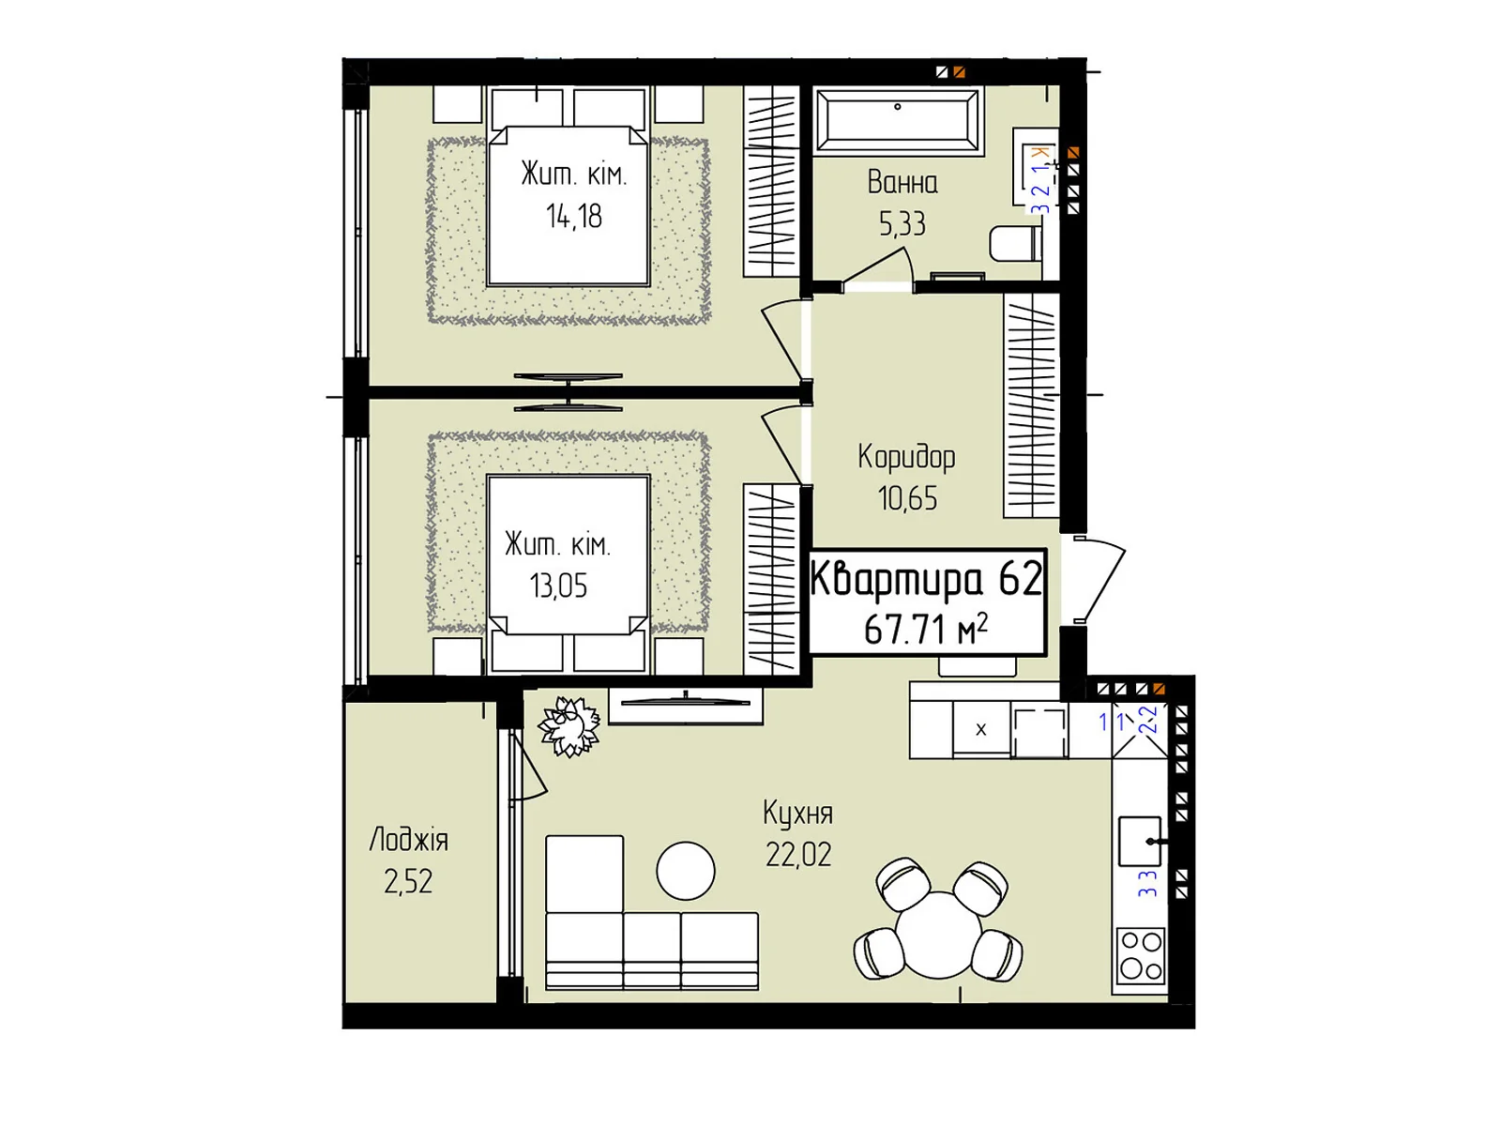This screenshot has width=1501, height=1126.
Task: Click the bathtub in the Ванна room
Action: [x=898, y=121]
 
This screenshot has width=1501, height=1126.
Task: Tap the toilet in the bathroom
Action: [x=1015, y=243]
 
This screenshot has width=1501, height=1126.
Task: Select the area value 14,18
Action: [x=574, y=216]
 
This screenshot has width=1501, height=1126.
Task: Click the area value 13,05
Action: [x=558, y=586]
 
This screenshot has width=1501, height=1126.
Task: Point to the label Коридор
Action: [x=906, y=457]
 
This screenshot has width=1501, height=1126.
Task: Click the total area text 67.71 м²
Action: [x=926, y=629]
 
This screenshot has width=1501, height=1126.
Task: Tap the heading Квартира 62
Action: [x=926, y=578]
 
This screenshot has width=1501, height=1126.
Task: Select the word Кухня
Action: [x=798, y=814]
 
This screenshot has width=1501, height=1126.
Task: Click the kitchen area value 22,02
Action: [x=798, y=855]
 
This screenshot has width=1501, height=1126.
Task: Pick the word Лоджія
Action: [x=408, y=840]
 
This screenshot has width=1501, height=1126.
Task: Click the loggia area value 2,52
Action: [x=408, y=882]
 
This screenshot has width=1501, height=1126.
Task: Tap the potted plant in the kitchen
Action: [x=569, y=726]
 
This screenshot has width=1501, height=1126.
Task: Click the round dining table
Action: [x=938, y=934]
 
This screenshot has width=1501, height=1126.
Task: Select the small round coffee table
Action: [x=685, y=871]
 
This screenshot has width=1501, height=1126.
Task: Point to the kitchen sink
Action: [x=1140, y=841]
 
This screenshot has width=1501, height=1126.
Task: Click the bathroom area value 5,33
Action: [x=902, y=223]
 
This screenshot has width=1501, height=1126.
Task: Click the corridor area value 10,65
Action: [x=907, y=498]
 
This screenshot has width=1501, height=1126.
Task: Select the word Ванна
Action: [x=902, y=183]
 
